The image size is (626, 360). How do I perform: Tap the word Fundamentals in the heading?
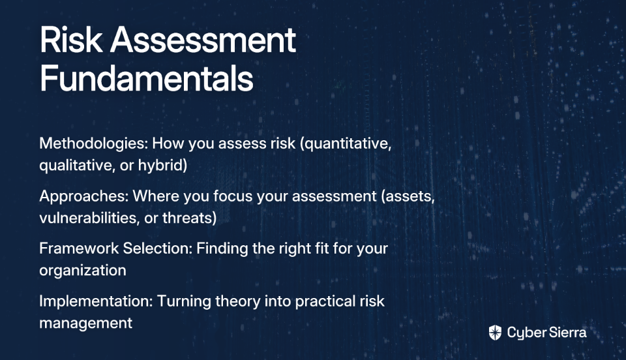[x=147, y=78]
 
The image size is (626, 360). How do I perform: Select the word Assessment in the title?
[x=203, y=40]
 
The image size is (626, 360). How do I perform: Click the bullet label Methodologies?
[x=94, y=143]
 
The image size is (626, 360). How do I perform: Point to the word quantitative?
[x=346, y=144]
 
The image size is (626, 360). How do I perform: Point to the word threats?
[x=187, y=218]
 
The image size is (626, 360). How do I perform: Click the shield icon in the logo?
[x=495, y=333]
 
